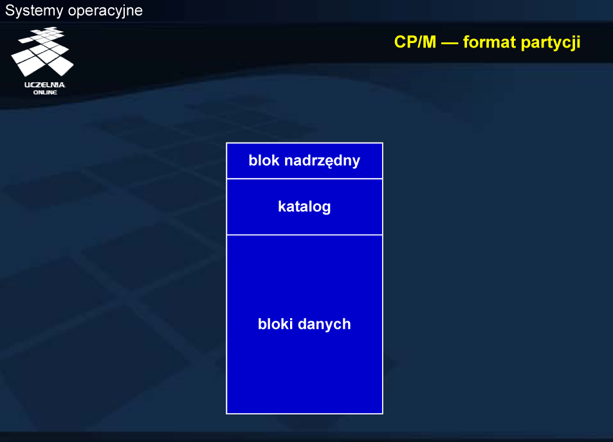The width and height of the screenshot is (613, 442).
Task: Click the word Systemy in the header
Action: click(x=34, y=11)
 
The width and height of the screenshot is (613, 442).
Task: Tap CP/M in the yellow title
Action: click(x=415, y=42)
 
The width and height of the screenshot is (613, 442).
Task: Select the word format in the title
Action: click(x=489, y=42)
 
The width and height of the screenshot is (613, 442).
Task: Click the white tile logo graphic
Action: click(x=42, y=51)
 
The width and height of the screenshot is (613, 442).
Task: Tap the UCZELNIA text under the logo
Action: click(x=44, y=85)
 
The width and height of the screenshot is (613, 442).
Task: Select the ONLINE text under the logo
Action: click(x=45, y=93)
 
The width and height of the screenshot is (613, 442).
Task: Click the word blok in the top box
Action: click(x=264, y=161)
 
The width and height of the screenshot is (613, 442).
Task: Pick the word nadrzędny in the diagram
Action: click(x=322, y=161)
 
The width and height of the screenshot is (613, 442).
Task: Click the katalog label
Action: click(x=304, y=207)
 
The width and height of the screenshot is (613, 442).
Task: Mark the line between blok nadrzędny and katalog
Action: click(x=304, y=179)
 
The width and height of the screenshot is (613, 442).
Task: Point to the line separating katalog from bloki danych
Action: click(x=304, y=234)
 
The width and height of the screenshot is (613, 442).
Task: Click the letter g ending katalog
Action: click(x=326, y=209)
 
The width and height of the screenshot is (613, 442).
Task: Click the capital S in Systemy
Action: click(x=10, y=10)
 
